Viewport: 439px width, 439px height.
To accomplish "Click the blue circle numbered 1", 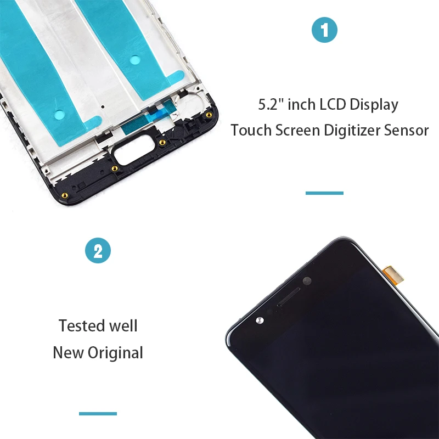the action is [x=324, y=30].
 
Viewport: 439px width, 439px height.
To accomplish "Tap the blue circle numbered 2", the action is [x=98, y=250].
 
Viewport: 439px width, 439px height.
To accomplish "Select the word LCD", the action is [x=333, y=104].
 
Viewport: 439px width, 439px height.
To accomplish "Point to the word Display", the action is [x=374, y=105].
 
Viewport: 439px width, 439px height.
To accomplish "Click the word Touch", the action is [x=251, y=130].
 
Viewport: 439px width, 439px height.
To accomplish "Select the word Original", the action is [x=115, y=353].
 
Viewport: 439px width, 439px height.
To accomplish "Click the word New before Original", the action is [x=68, y=352].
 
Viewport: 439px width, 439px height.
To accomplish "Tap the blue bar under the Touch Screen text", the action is [x=324, y=193].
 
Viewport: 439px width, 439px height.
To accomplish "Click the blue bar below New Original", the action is [x=98, y=414].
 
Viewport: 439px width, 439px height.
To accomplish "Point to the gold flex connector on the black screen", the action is [x=393, y=275].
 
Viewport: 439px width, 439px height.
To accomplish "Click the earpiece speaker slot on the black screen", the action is [x=289, y=297].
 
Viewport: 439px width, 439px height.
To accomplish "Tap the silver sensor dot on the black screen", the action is [x=260, y=320].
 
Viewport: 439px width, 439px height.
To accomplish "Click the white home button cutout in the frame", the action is [x=134, y=151].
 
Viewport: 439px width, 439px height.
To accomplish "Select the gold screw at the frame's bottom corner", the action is [x=65, y=195].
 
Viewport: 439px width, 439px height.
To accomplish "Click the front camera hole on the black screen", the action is [x=307, y=281].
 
